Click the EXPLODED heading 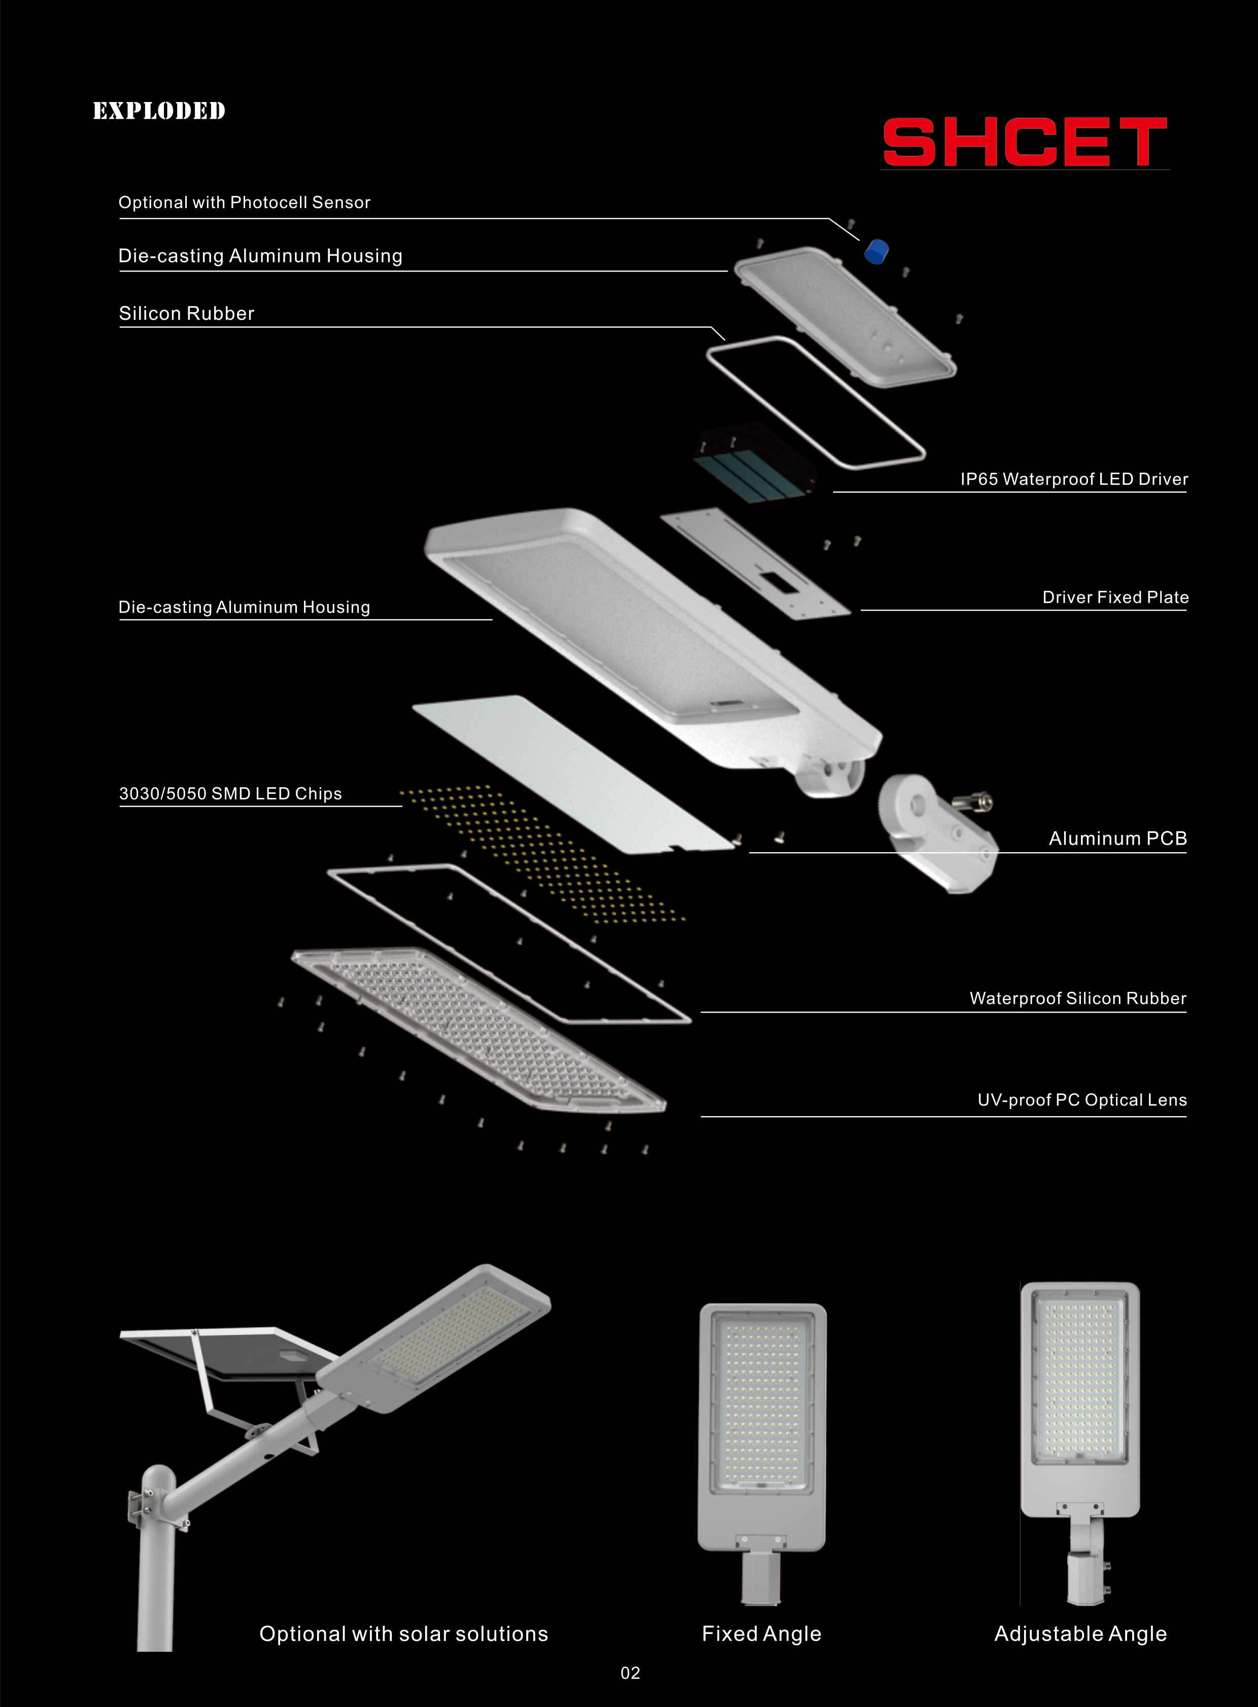[x=159, y=111]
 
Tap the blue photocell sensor [x=876, y=251]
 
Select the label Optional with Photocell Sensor [x=245, y=203]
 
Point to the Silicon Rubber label [x=187, y=313]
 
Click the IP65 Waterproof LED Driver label [x=1074, y=479]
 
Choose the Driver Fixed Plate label [x=1115, y=597]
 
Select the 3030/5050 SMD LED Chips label [x=230, y=794]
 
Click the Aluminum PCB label [x=1117, y=839]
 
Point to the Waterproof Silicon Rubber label [x=1077, y=998]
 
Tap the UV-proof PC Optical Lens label [x=1081, y=1100]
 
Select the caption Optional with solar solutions [x=403, y=1634]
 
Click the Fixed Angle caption [x=762, y=1634]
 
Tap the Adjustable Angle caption [x=1080, y=1634]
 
